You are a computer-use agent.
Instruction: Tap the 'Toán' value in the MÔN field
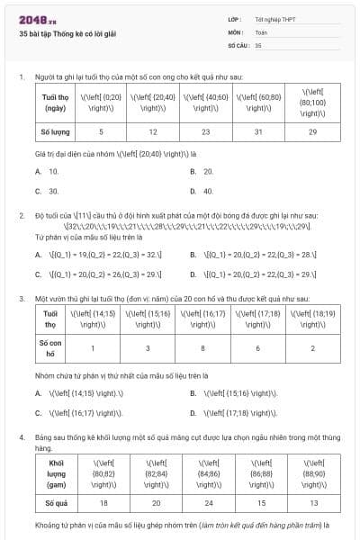point(261,31)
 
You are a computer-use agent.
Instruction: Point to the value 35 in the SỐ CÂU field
point(259,43)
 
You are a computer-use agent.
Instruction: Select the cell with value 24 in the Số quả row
point(211,502)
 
